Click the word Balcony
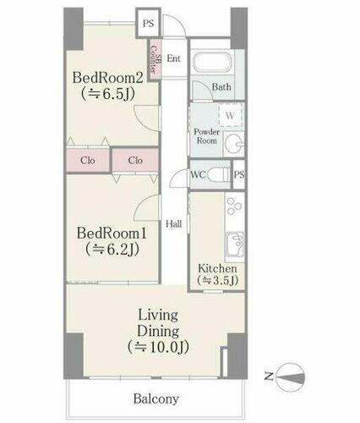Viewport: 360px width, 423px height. click(155, 398)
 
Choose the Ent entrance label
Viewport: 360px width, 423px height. click(173, 58)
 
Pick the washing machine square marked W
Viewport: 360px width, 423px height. click(229, 115)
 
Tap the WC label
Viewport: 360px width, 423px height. click(199, 175)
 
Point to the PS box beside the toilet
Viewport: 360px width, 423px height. click(239, 175)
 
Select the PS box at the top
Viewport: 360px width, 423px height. click(149, 24)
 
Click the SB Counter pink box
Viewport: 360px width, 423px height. click(154, 58)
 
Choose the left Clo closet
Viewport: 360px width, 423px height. click(87, 160)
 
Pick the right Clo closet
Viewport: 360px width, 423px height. click(134, 160)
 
